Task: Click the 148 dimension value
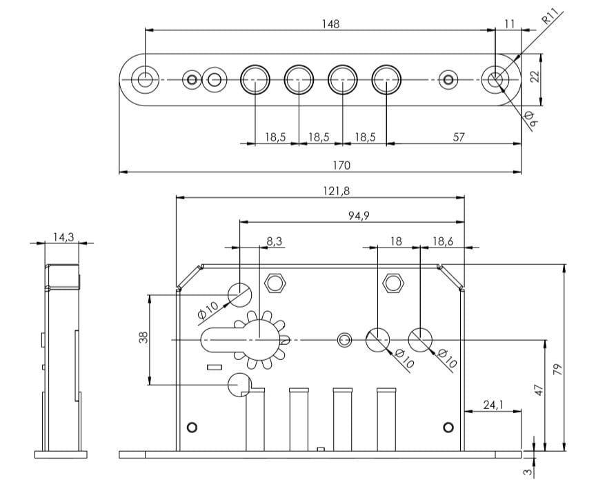point(330,24)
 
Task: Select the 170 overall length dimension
point(341,165)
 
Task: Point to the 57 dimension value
point(458,137)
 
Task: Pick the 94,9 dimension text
point(358,216)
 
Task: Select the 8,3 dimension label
point(275,241)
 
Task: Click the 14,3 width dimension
point(63,237)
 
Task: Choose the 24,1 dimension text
point(493,405)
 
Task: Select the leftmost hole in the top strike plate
point(145,79)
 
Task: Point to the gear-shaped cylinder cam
point(261,339)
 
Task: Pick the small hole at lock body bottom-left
point(192,425)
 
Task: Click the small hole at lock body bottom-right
point(448,425)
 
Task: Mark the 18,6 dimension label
point(441,241)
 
